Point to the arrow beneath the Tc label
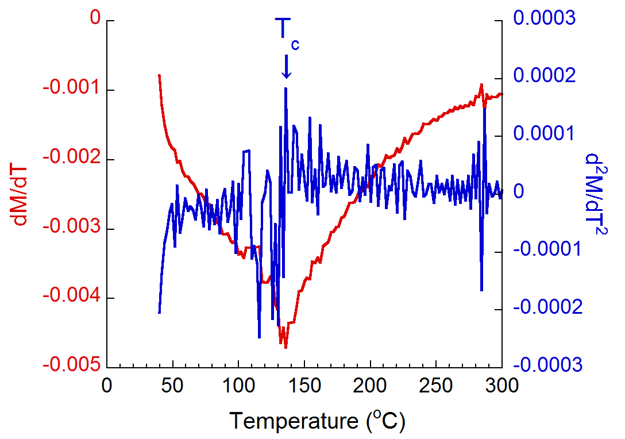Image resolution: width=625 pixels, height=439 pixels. (287, 67)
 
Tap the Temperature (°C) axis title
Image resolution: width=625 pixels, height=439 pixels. (318, 421)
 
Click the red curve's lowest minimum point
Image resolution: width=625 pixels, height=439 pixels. (286, 348)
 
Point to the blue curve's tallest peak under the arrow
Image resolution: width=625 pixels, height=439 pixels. (286, 88)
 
